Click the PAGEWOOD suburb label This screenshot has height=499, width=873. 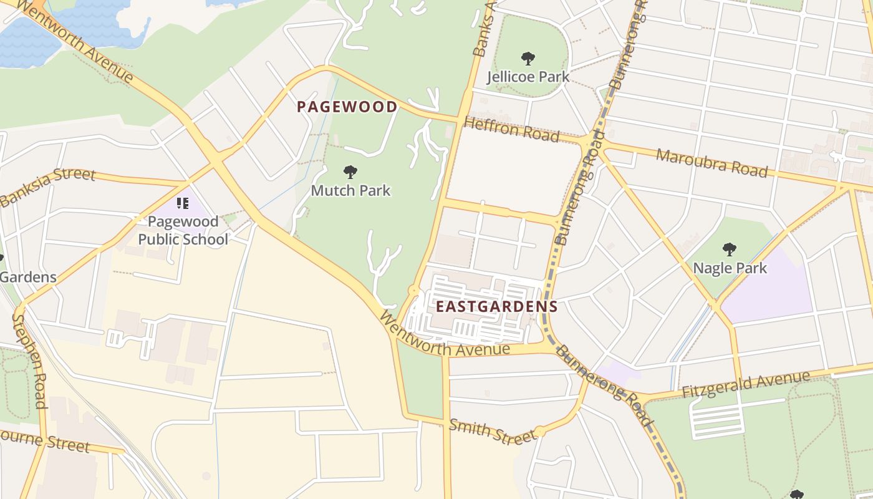tap(347, 107)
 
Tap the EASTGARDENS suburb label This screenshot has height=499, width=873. tap(496, 306)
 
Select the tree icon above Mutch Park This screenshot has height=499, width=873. tap(350, 172)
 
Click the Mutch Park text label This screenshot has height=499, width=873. tap(350, 190)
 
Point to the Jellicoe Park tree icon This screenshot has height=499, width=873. tap(528, 59)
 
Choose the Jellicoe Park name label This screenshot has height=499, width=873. tap(528, 77)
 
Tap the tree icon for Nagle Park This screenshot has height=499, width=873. tap(730, 250)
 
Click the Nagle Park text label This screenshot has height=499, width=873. tap(730, 268)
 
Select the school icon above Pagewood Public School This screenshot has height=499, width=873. tap(182, 203)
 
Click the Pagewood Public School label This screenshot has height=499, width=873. tap(183, 230)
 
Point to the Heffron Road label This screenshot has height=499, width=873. tap(511, 129)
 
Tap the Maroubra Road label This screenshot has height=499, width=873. tap(711, 163)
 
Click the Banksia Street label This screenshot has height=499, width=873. tap(48, 187)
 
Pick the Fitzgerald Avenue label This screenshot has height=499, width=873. tap(746, 384)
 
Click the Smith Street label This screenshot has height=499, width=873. tap(492, 431)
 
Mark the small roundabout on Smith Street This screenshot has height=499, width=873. tap(539, 432)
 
